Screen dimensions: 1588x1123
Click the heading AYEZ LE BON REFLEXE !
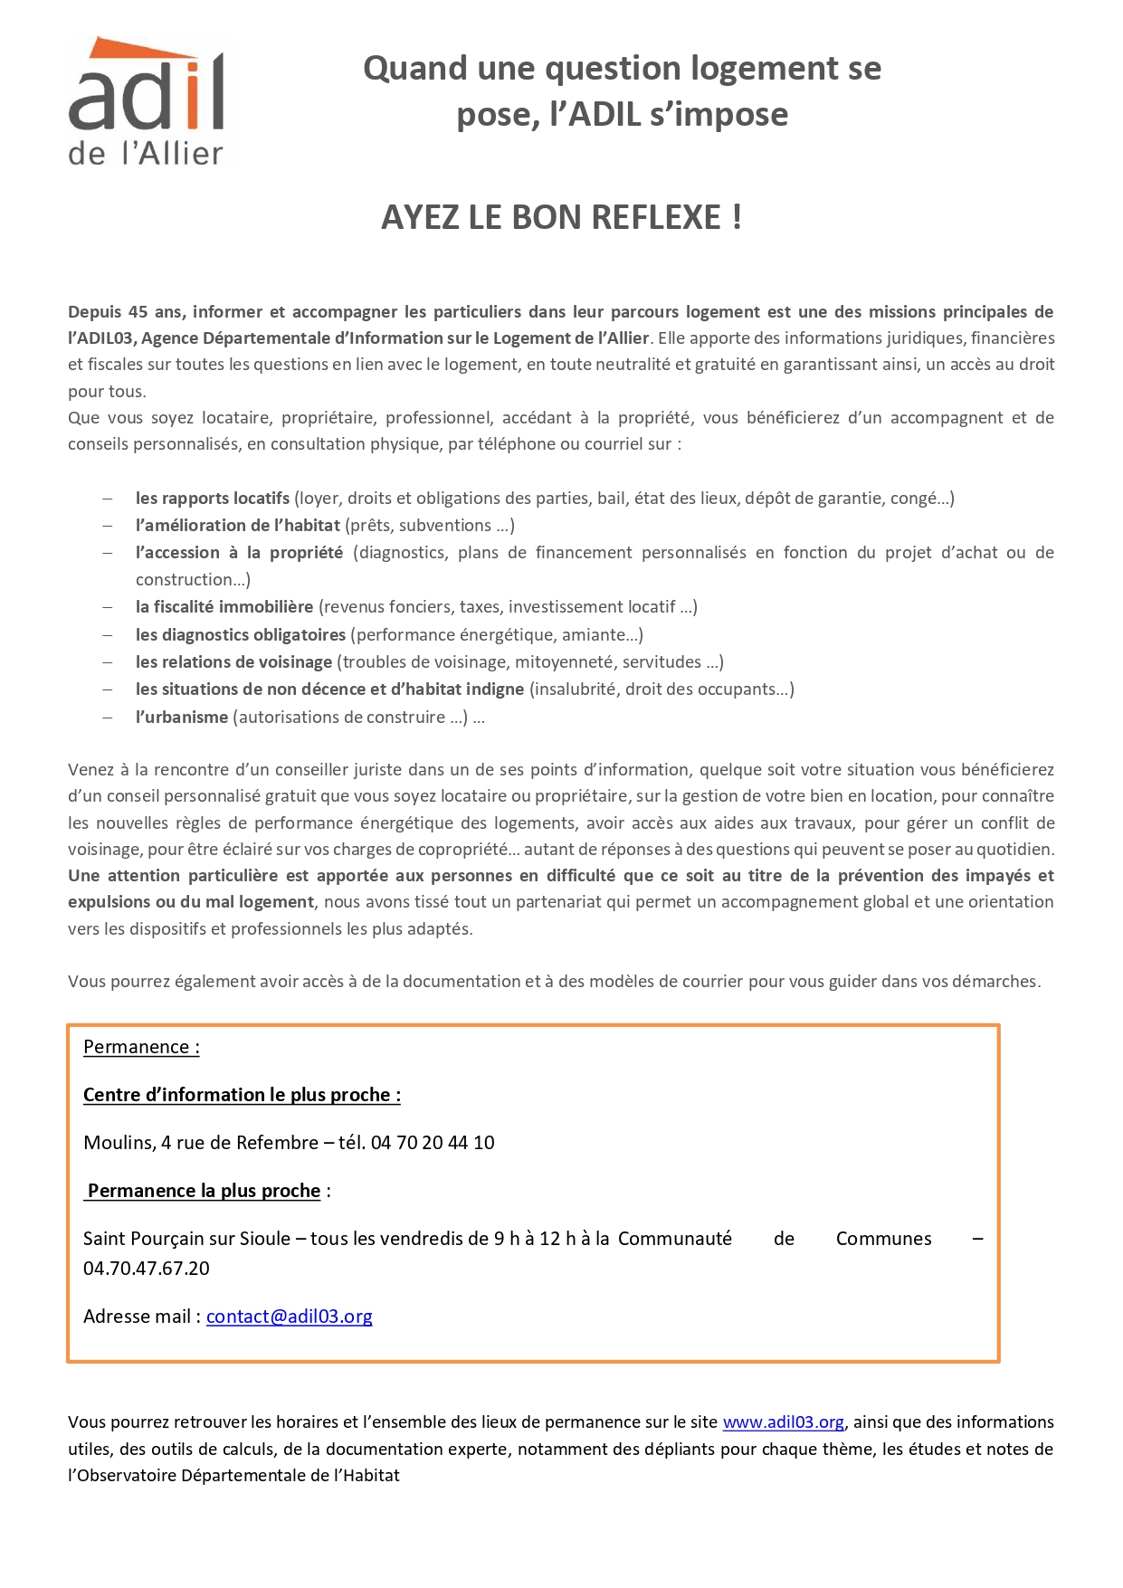(x=561, y=218)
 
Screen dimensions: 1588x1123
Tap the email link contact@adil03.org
(x=289, y=1317)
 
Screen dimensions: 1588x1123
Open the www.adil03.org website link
(x=783, y=1422)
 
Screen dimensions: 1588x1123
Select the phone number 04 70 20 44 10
(x=433, y=1143)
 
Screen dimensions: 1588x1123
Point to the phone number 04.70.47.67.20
(x=146, y=1269)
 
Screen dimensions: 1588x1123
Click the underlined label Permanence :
(x=141, y=1047)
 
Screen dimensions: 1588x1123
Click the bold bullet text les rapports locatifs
(x=213, y=499)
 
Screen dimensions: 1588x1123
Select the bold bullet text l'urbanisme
(x=182, y=718)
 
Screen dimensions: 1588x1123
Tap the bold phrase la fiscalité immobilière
(x=224, y=607)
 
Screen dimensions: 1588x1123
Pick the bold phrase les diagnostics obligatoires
(x=241, y=635)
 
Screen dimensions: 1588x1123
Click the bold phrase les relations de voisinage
(x=233, y=662)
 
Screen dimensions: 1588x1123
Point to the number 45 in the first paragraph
(x=138, y=312)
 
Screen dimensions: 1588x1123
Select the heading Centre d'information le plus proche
(x=242, y=1095)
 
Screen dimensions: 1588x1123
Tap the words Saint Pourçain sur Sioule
(x=186, y=1239)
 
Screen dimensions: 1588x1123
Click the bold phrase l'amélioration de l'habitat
(x=238, y=526)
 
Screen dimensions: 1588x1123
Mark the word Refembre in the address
(x=277, y=1143)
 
